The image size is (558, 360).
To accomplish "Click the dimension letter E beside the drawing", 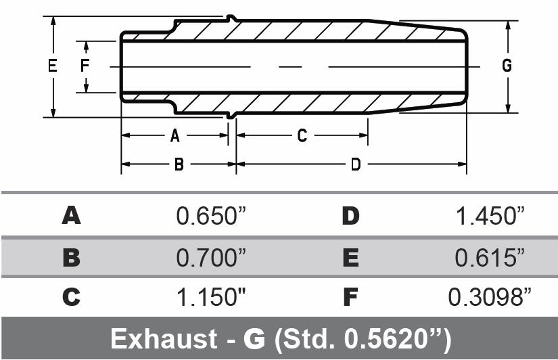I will click(x=52, y=66).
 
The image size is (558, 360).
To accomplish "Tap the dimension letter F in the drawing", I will click(x=85, y=66).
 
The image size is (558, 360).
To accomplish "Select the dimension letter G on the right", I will click(x=507, y=66).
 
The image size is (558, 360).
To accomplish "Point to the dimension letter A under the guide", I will click(x=175, y=136).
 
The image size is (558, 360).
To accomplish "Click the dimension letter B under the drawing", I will click(x=179, y=164).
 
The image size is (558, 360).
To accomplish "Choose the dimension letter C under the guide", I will click(x=302, y=136).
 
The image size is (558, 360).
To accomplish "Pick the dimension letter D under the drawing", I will click(x=355, y=164).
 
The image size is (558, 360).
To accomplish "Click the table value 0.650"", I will click(x=211, y=217).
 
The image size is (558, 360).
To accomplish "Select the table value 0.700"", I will click(x=211, y=258).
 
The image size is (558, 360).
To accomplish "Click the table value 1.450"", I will click(x=490, y=217).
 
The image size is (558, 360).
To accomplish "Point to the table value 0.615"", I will click(x=490, y=258).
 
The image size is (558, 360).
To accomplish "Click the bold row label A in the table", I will click(x=71, y=217).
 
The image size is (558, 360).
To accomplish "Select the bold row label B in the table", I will click(x=71, y=258).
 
